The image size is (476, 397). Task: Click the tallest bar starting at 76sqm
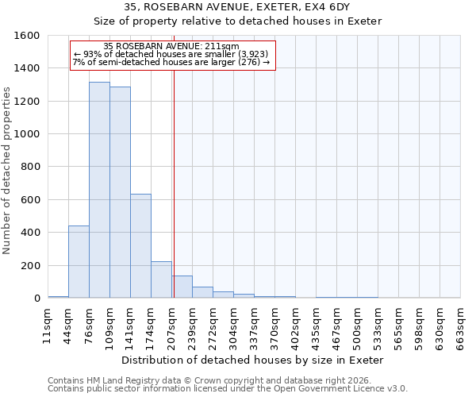point(99,191)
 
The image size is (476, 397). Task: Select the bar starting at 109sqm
point(120,193)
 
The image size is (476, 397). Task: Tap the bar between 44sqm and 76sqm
point(79,262)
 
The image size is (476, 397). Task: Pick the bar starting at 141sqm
point(140,246)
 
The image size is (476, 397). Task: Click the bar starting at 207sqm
point(182,287)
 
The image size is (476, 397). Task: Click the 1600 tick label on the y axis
point(27,36)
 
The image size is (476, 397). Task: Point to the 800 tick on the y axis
point(30,168)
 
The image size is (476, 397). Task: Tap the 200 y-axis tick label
point(30,266)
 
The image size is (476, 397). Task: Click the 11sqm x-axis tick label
point(48,326)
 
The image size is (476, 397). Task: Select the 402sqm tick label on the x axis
point(295,326)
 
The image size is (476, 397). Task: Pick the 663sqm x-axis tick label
point(460,326)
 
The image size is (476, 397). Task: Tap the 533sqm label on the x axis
point(378,326)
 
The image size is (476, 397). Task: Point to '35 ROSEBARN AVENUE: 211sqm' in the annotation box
point(171,47)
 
